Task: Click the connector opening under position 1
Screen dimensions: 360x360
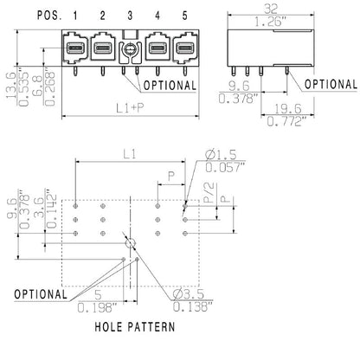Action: [75, 47]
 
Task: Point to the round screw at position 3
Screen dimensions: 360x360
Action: [130, 50]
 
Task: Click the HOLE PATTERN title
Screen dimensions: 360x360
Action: [135, 327]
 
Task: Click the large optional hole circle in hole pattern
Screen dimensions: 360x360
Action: [131, 244]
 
